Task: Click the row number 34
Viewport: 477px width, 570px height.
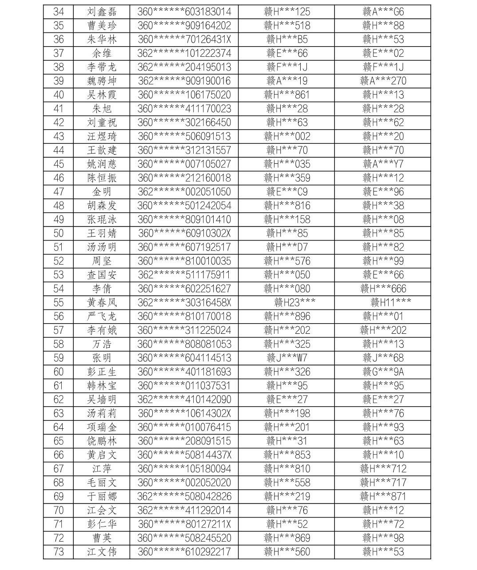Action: pos(58,12)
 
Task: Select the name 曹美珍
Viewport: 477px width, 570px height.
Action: pos(102,26)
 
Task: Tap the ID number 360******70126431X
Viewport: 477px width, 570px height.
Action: pos(184,40)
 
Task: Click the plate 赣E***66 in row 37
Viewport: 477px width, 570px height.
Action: pos(287,53)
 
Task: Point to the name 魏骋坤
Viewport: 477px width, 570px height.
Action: pos(102,81)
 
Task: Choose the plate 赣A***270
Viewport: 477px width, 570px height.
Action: pos(383,81)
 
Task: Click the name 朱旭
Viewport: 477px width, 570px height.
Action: pos(102,109)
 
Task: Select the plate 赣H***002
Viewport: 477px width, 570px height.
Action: pos(287,136)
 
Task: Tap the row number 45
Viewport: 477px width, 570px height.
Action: pos(58,164)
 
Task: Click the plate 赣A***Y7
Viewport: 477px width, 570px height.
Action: pos(383,164)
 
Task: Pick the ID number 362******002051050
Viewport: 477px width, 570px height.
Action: pos(184,192)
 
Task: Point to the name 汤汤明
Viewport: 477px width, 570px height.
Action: pos(102,247)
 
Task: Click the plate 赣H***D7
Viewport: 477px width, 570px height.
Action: pos(287,247)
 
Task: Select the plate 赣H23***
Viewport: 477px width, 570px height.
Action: pos(295,302)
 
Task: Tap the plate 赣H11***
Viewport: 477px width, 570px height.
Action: pos(390,302)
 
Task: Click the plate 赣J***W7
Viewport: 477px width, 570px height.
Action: pos(287,358)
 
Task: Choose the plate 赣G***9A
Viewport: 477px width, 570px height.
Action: pos(383,372)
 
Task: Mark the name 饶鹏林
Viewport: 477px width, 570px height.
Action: pos(102,441)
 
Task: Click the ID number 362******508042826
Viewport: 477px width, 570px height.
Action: pos(184,496)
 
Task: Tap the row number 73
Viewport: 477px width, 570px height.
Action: pos(58,552)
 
